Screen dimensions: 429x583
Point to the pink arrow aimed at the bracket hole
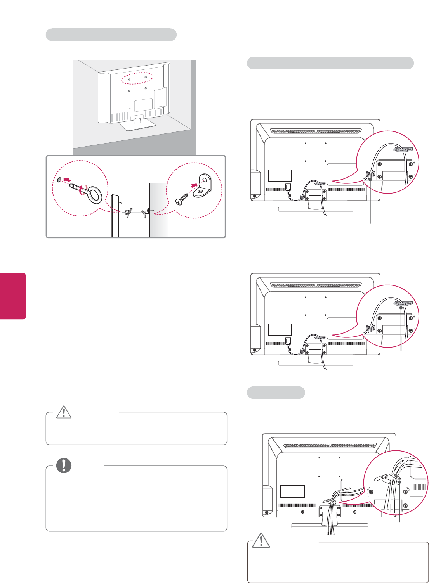point(193,185)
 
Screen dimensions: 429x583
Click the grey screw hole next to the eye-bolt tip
point(58,180)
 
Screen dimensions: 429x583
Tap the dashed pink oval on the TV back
point(136,78)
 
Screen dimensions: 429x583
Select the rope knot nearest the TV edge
point(127,213)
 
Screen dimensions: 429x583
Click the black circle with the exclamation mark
point(64,465)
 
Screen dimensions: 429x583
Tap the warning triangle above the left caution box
point(64,412)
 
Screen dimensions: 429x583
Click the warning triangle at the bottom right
point(261,540)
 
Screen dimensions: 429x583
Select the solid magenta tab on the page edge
point(13,296)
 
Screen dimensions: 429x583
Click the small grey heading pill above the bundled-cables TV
point(276,393)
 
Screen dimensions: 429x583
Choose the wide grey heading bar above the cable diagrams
point(330,63)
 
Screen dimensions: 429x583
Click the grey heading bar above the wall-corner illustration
point(111,35)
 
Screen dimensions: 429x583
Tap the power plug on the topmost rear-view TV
point(288,187)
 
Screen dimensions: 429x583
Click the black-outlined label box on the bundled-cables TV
point(292,491)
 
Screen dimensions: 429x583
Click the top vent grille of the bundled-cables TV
point(330,446)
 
